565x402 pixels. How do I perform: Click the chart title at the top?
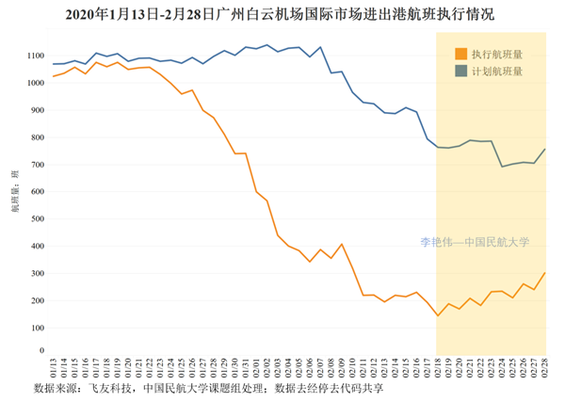coord(282,14)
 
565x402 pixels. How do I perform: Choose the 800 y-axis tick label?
coord(37,137)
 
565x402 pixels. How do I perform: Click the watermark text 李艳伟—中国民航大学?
coord(475,242)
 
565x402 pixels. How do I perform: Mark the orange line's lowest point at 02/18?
coord(438,314)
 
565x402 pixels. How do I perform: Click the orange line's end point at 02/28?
coord(546,273)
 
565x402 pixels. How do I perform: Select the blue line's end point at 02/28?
coord(546,149)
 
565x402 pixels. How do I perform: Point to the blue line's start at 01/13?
coord(54,64)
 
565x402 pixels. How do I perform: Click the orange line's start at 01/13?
coord(54,76)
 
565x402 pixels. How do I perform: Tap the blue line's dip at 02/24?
coord(503,167)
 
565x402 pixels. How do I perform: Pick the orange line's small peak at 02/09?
coord(342,244)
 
